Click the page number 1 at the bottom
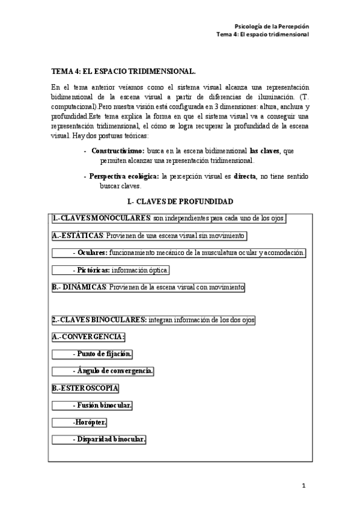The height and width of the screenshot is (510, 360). (x=304, y=485)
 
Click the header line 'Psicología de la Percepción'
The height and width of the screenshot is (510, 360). (x=271, y=26)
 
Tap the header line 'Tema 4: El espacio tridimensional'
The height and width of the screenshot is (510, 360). (x=263, y=35)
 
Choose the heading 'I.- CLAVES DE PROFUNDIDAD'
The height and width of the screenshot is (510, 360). (x=180, y=201)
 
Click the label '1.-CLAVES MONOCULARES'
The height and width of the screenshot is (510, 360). (x=102, y=218)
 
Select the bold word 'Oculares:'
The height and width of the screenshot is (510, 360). (x=93, y=253)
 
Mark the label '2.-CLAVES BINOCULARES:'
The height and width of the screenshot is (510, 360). (x=100, y=319)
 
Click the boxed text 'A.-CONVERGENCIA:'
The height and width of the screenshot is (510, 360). (x=88, y=337)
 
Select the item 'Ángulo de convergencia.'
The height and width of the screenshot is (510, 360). (x=115, y=371)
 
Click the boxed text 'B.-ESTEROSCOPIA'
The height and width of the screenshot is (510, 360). (x=85, y=388)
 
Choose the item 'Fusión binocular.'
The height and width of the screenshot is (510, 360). (x=105, y=405)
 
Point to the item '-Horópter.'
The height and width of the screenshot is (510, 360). (x=90, y=422)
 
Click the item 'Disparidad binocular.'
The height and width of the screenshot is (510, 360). (x=111, y=440)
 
